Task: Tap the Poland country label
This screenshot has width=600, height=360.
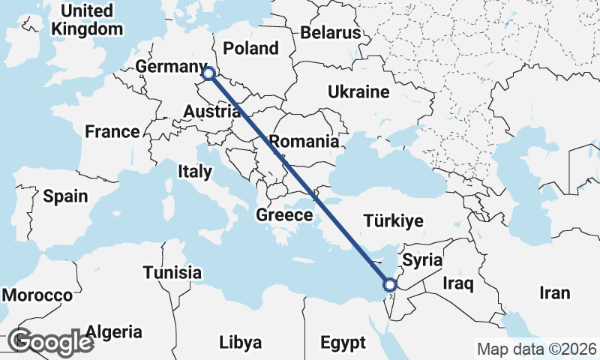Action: tap(250, 49)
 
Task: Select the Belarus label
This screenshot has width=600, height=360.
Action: tap(331, 33)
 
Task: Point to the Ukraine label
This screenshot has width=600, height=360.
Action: tap(358, 92)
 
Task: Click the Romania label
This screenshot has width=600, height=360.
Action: tap(304, 141)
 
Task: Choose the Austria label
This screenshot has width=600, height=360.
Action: tap(211, 112)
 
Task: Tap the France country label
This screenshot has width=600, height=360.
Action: tap(112, 132)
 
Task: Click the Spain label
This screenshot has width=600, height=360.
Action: tap(65, 196)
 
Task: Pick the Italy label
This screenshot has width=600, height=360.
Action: tap(195, 172)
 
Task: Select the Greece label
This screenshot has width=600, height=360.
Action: tap(284, 215)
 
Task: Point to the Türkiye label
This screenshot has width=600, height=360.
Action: tap(394, 221)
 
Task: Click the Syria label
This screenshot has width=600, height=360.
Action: tap(423, 260)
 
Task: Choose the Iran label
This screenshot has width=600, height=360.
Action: tap(554, 293)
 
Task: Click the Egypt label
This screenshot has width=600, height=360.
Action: tap(343, 343)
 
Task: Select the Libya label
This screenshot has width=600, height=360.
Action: tap(241, 343)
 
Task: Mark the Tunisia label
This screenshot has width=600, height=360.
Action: tap(172, 272)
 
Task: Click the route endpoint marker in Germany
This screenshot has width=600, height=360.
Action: tap(208, 73)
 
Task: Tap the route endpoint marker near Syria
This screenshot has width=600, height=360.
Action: tap(389, 284)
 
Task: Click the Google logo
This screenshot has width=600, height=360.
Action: tap(51, 343)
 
